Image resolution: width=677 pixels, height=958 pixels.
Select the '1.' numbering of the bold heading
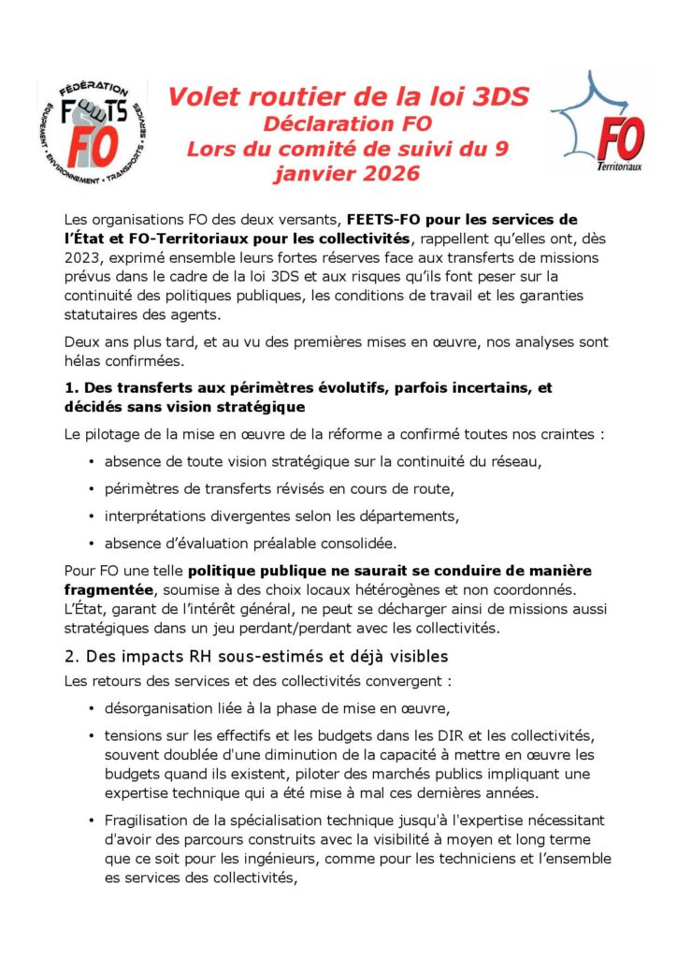click(x=71, y=387)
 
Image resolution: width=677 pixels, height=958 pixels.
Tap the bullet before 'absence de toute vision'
click(x=91, y=462)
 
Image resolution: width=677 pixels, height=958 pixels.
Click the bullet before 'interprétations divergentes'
click(x=91, y=515)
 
